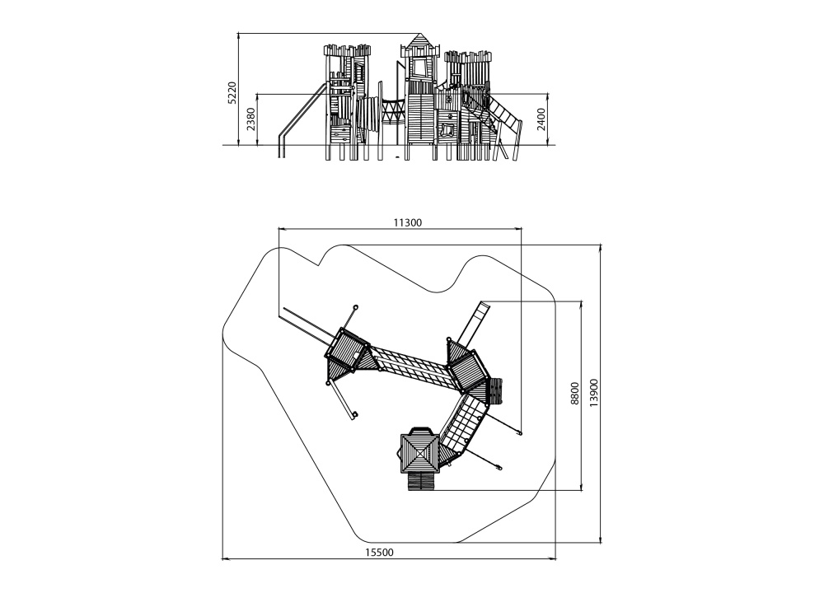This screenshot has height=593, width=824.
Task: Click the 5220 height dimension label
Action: click(x=232, y=93)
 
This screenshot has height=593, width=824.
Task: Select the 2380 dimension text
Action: click(x=250, y=119)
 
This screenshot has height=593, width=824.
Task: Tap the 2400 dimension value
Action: click(x=541, y=119)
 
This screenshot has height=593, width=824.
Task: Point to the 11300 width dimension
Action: click(x=407, y=222)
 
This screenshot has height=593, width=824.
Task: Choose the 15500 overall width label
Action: click(x=379, y=552)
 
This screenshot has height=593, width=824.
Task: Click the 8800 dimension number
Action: click(x=574, y=393)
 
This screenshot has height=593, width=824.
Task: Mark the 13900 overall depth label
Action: click(x=593, y=393)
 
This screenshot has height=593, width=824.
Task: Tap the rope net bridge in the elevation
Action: click(x=392, y=111)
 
